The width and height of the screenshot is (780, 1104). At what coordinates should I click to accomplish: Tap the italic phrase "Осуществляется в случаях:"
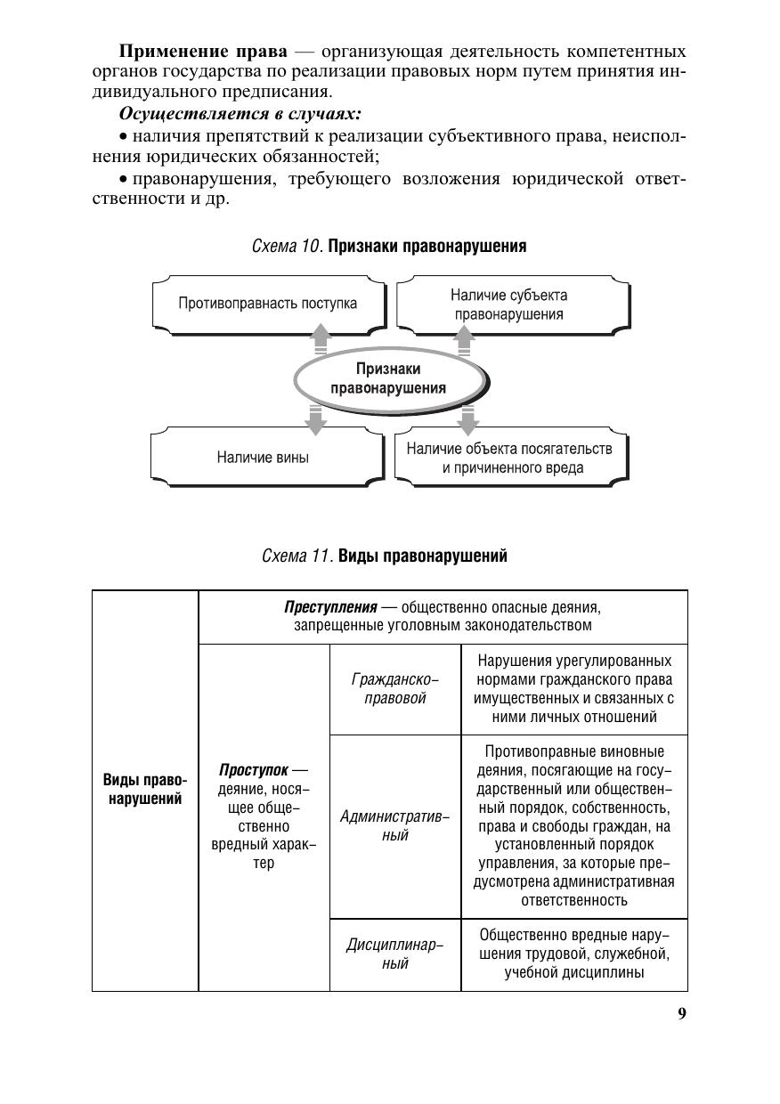pyautogui.click(x=240, y=114)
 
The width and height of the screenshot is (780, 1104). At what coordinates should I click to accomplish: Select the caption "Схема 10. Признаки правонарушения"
pyautogui.click(x=389, y=247)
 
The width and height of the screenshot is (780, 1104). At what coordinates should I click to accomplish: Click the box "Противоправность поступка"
pyautogui.click(x=267, y=304)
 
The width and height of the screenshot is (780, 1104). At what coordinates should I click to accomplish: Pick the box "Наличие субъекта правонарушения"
pyautogui.click(x=508, y=304)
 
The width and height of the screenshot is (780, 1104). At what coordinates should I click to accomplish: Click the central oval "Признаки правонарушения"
pyautogui.click(x=388, y=378)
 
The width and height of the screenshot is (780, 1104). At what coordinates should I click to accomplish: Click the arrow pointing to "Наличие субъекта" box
pyautogui.click(x=464, y=338)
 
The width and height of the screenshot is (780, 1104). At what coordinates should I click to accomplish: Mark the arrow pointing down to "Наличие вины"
pyautogui.click(x=313, y=418)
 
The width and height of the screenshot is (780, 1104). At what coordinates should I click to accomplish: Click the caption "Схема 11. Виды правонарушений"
pyautogui.click(x=385, y=556)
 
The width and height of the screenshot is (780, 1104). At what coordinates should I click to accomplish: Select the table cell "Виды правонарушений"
pyautogui.click(x=145, y=790)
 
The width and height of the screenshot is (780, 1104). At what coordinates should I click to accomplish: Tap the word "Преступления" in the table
pyautogui.click(x=330, y=608)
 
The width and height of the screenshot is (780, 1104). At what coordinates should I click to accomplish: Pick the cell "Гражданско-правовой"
pyautogui.click(x=395, y=689)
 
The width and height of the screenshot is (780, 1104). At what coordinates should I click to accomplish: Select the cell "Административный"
pyautogui.click(x=395, y=826)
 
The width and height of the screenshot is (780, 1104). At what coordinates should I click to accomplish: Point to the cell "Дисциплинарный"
pyautogui.click(x=395, y=954)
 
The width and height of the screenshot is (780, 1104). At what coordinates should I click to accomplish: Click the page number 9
pyautogui.click(x=682, y=1013)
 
